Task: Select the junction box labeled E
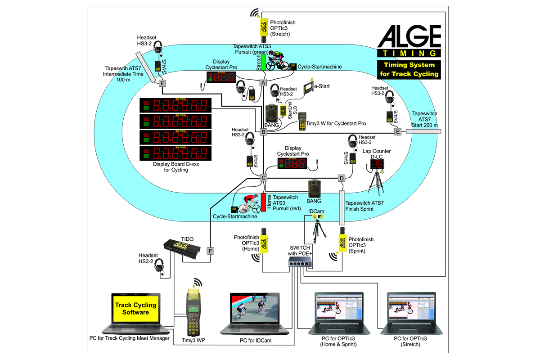[398, 132]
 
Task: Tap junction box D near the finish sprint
[342, 179]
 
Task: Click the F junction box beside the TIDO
[210, 251]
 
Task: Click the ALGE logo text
[409, 37]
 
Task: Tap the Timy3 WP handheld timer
[194, 315]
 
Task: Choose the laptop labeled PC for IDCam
[255, 315]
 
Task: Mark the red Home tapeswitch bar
[264, 202]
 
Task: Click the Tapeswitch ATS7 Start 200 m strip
[423, 131]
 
